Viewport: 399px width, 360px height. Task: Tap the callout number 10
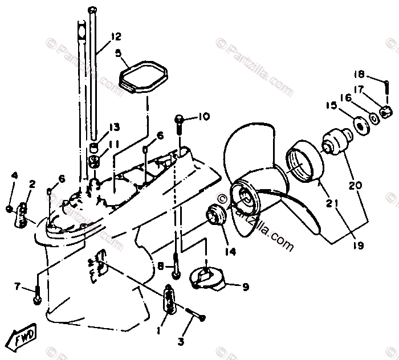tap(188, 117)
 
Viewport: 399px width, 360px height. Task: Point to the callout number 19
tap(359, 246)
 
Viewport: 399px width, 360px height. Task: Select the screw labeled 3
tap(195, 313)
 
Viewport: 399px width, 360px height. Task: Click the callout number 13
tap(115, 126)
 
